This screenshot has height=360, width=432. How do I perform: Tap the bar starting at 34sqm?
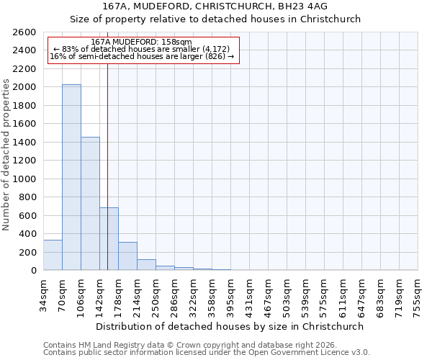pos(53,255)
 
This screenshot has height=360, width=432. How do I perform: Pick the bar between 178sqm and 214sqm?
pos(127,256)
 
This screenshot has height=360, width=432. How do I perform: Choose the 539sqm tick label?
pos(305,295)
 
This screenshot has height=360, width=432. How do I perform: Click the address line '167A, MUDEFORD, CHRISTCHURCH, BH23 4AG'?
pos(215,6)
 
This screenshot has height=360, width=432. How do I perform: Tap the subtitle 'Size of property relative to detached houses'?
pos(215,19)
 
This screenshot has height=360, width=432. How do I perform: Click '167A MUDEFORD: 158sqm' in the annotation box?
pos(142,42)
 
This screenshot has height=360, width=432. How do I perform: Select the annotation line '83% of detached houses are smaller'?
pos(142,49)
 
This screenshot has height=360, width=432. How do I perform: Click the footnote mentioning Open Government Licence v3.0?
pos(207,353)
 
